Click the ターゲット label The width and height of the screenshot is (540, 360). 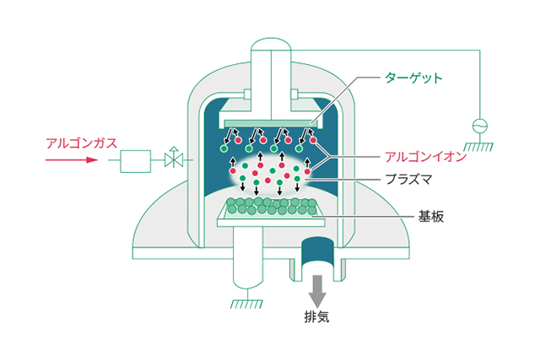tap(413, 78)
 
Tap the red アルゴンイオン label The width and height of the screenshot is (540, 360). tap(425, 157)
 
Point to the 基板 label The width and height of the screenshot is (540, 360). tap(430, 217)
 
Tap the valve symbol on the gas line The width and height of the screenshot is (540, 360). tap(174, 158)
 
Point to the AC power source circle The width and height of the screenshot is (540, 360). tap(480, 125)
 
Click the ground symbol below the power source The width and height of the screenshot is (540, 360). tap(480, 147)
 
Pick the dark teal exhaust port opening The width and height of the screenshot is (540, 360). tap(317, 253)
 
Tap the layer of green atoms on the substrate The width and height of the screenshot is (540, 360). tap(270, 205)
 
